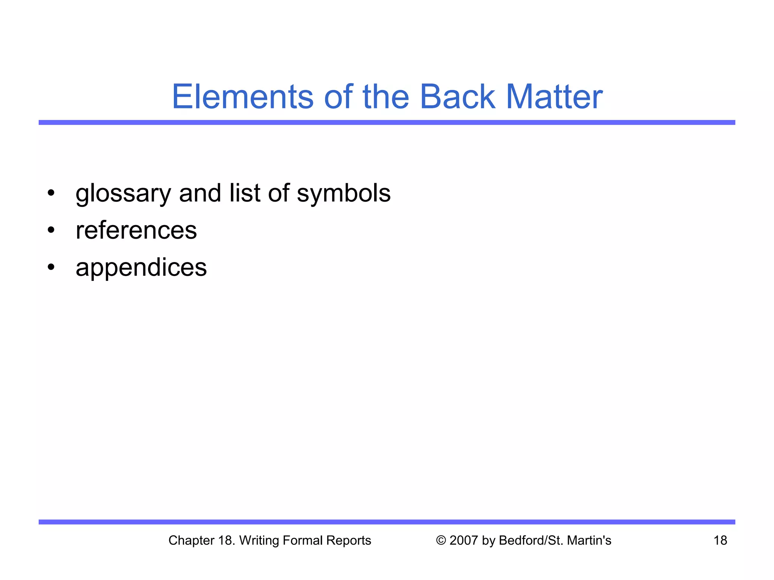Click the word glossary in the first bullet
(123, 194)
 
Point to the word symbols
(344, 193)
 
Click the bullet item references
(136, 230)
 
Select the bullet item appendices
(141, 268)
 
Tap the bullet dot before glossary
(51, 193)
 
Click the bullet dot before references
(51, 230)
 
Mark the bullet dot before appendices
(51, 267)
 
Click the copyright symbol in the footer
(441, 540)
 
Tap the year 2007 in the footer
(464, 540)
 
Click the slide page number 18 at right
(720, 540)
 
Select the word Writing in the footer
(259, 540)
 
